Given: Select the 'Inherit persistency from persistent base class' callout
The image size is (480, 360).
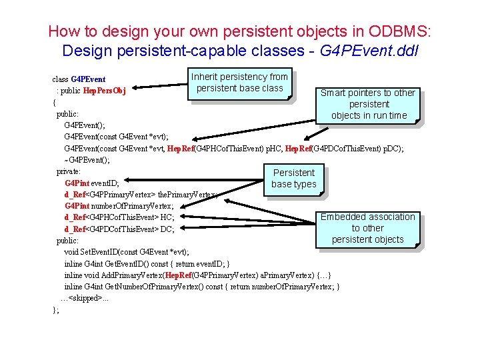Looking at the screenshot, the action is tap(239, 83).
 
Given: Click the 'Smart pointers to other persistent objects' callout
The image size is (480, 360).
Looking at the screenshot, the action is tap(368, 104).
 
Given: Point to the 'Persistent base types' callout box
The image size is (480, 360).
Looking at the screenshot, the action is tap(293, 179).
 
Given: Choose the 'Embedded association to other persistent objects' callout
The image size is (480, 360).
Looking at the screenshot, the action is tap(367, 228).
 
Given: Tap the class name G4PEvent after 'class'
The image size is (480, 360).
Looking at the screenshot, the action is tap(88, 79).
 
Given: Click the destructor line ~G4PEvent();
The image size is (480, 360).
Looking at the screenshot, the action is tap(87, 159).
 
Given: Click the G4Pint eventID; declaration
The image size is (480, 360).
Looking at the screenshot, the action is tap(92, 183).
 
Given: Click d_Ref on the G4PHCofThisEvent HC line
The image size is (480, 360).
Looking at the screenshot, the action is tap(75, 217).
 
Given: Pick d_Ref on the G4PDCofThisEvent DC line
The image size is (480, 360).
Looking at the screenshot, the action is tap(75, 229).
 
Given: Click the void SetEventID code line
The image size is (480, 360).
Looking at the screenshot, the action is tap(126, 252).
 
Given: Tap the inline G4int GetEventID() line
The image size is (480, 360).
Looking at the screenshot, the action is tap(147, 263).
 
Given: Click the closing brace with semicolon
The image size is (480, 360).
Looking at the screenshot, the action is tap(56, 309).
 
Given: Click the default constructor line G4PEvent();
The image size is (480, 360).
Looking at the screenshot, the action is tap(84, 125).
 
